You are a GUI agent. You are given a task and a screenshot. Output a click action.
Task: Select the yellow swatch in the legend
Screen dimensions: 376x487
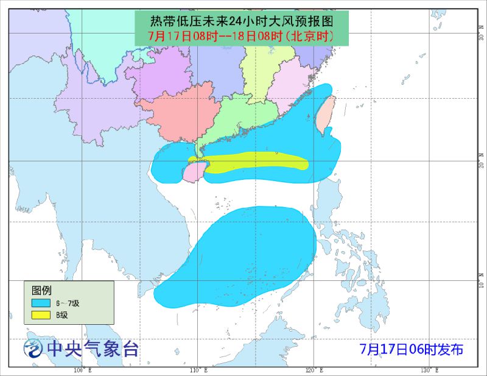point(41,315)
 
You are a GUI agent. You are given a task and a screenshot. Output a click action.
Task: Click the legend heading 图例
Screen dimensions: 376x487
point(41,289)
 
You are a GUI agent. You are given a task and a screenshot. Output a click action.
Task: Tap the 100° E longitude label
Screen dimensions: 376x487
point(82,371)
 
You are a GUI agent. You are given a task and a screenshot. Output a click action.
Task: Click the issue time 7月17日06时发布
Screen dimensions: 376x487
point(412,349)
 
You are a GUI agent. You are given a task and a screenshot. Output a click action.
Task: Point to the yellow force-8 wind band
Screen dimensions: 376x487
point(256,163)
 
